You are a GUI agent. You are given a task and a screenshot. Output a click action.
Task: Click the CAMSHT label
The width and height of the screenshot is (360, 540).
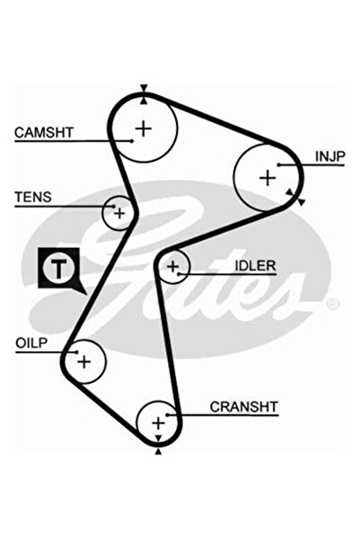click(44, 132)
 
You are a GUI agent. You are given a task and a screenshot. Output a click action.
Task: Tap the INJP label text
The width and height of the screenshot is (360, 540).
click(330, 156)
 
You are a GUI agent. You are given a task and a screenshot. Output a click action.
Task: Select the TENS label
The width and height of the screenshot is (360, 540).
click(33, 197)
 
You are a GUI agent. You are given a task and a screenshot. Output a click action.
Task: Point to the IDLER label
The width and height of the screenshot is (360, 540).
click(255, 266)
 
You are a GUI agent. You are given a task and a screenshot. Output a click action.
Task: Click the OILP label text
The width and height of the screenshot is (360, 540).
click(31, 343)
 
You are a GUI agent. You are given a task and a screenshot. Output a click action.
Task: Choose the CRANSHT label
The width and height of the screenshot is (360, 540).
click(243, 407)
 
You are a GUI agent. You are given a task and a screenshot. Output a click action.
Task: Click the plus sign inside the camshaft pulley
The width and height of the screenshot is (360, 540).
click(144, 128)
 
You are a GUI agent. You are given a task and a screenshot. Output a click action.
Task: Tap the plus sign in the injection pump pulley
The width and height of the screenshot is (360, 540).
click(268, 178)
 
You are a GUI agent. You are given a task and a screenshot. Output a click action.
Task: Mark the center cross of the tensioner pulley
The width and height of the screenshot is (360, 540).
click(119, 214)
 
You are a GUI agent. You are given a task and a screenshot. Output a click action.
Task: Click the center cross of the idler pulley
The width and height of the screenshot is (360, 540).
click(173, 266)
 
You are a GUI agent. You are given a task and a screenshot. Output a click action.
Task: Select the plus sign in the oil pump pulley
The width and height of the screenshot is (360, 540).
click(84, 362)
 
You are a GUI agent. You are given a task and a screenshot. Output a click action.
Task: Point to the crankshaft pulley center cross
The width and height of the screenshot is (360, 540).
click(158, 423)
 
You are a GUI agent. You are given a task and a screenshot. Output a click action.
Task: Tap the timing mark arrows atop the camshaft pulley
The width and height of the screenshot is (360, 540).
click(144, 94)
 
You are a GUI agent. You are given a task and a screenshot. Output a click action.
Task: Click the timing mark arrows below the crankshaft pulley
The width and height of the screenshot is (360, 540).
click(158, 445)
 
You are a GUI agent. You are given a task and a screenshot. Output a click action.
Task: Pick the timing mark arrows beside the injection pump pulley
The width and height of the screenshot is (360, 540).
click(295, 197)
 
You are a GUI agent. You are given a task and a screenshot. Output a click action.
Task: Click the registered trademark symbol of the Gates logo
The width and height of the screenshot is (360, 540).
click(333, 304)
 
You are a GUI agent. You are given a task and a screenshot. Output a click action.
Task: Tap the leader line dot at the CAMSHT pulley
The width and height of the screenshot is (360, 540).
click(132, 140)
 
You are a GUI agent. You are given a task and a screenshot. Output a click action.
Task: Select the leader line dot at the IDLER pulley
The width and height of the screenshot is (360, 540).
click(179, 274)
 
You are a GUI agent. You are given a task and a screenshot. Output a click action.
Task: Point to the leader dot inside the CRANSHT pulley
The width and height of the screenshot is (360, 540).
click(167, 415)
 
